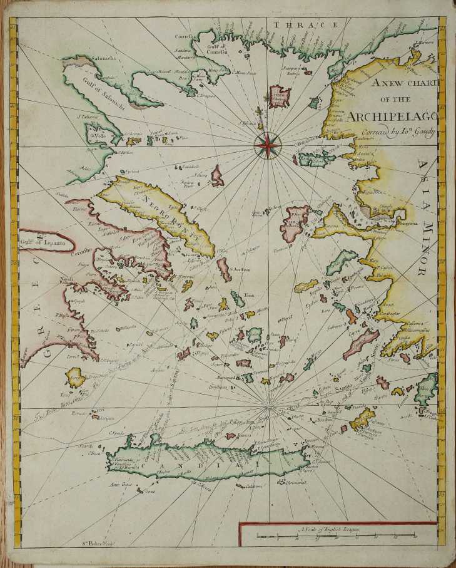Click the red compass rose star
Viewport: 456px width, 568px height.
[266, 146]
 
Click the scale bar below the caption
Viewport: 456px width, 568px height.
[337, 536]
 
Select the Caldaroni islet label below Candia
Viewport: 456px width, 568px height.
[253, 486]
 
